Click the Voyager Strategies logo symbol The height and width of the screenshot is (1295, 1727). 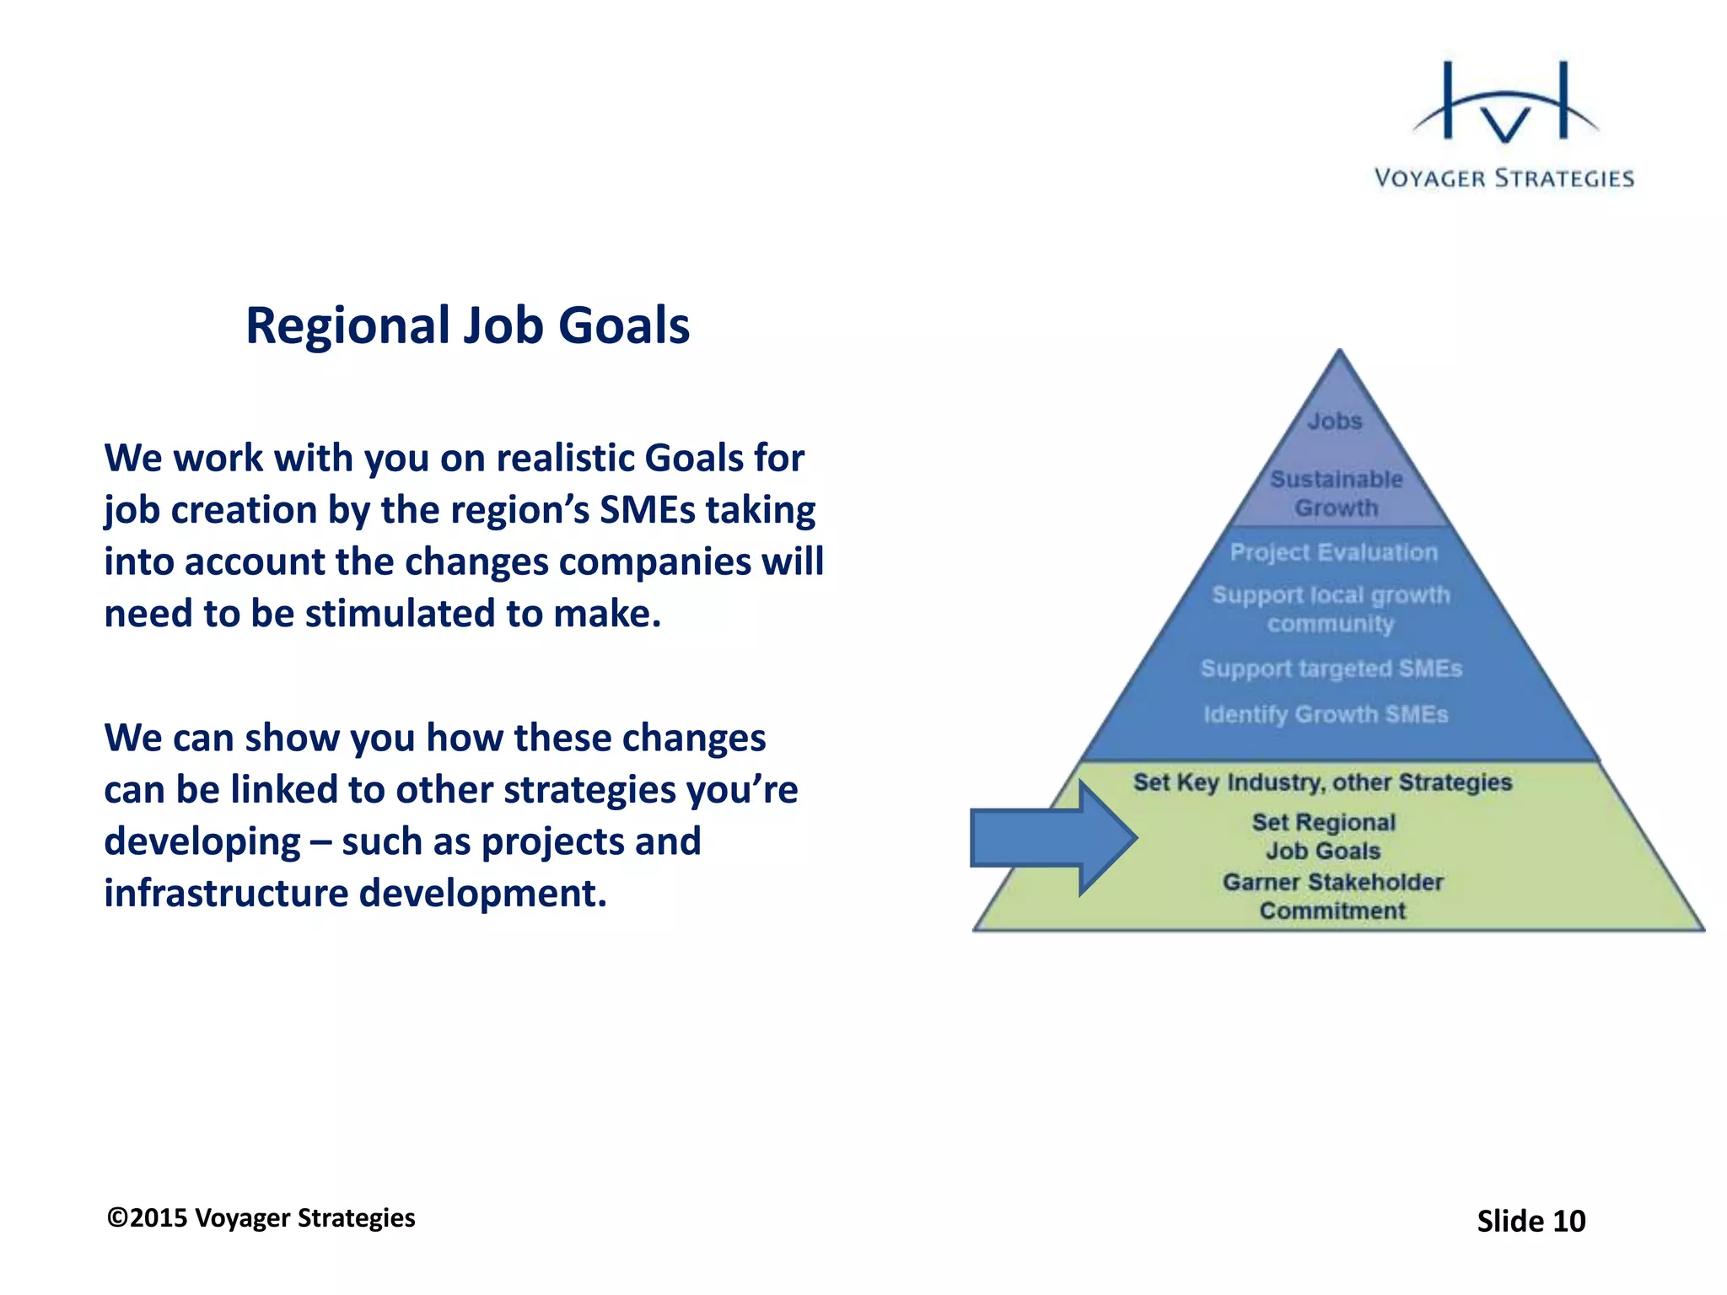[1505, 105]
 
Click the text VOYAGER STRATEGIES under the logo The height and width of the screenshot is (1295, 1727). [1504, 179]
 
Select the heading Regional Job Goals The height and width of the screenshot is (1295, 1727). [467, 325]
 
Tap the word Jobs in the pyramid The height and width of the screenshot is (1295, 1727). [1335, 421]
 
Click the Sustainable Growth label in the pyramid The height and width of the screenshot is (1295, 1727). [1337, 493]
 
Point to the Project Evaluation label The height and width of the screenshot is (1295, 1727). [1333, 552]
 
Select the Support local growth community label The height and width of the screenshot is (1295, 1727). [1331, 609]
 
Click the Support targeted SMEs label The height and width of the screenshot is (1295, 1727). [1331, 669]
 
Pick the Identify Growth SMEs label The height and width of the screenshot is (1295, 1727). [1326, 714]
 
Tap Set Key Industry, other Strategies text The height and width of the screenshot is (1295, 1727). [1322, 782]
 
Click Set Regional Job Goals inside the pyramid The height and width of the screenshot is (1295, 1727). [1323, 836]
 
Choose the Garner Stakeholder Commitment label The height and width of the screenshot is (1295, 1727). [1332, 896]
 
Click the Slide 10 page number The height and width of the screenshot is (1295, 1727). [1531, 1221]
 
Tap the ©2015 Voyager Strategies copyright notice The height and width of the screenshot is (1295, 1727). [261, 1218]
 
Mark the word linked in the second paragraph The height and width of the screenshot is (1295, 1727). [283, 790]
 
